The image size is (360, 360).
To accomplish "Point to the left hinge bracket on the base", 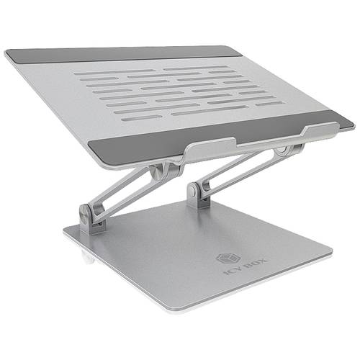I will pyautogui.click(x=92, y=219).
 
